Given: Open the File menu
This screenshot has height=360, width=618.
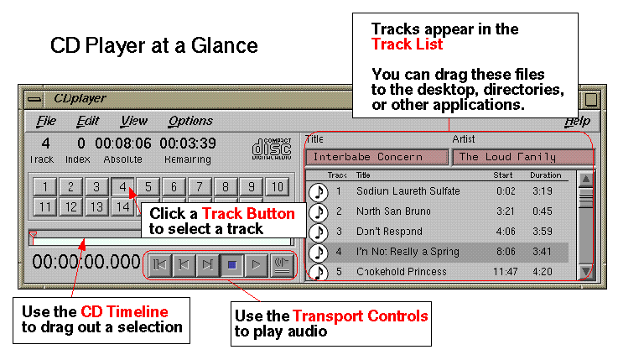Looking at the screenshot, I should click(x=46, y=122).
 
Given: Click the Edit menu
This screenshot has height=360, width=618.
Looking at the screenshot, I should click(x=87, y=122).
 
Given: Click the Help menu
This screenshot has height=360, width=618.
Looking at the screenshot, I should click(x=576, y=122).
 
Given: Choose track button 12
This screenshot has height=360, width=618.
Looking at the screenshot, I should click(x=71, y=206).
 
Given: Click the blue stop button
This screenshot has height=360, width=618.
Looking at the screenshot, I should click(x=232, y=265).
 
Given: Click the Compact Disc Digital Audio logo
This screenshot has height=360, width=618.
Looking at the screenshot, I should click(x=271, y=148).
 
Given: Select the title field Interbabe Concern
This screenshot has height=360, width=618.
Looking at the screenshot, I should click(x=377, y=157).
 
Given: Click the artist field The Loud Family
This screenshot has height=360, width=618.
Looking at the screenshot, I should click(x=522, y=157).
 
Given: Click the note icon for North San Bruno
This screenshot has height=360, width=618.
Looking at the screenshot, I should click(x=318, y=211).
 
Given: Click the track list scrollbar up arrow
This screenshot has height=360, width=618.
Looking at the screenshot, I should click(x=586, y=179).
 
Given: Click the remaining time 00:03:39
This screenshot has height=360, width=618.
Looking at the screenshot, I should click(x=188, y=143).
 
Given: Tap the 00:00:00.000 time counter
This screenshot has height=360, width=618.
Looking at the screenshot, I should click(x=85, y=263).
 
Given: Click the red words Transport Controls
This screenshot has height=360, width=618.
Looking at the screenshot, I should click(x=360, y=316).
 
